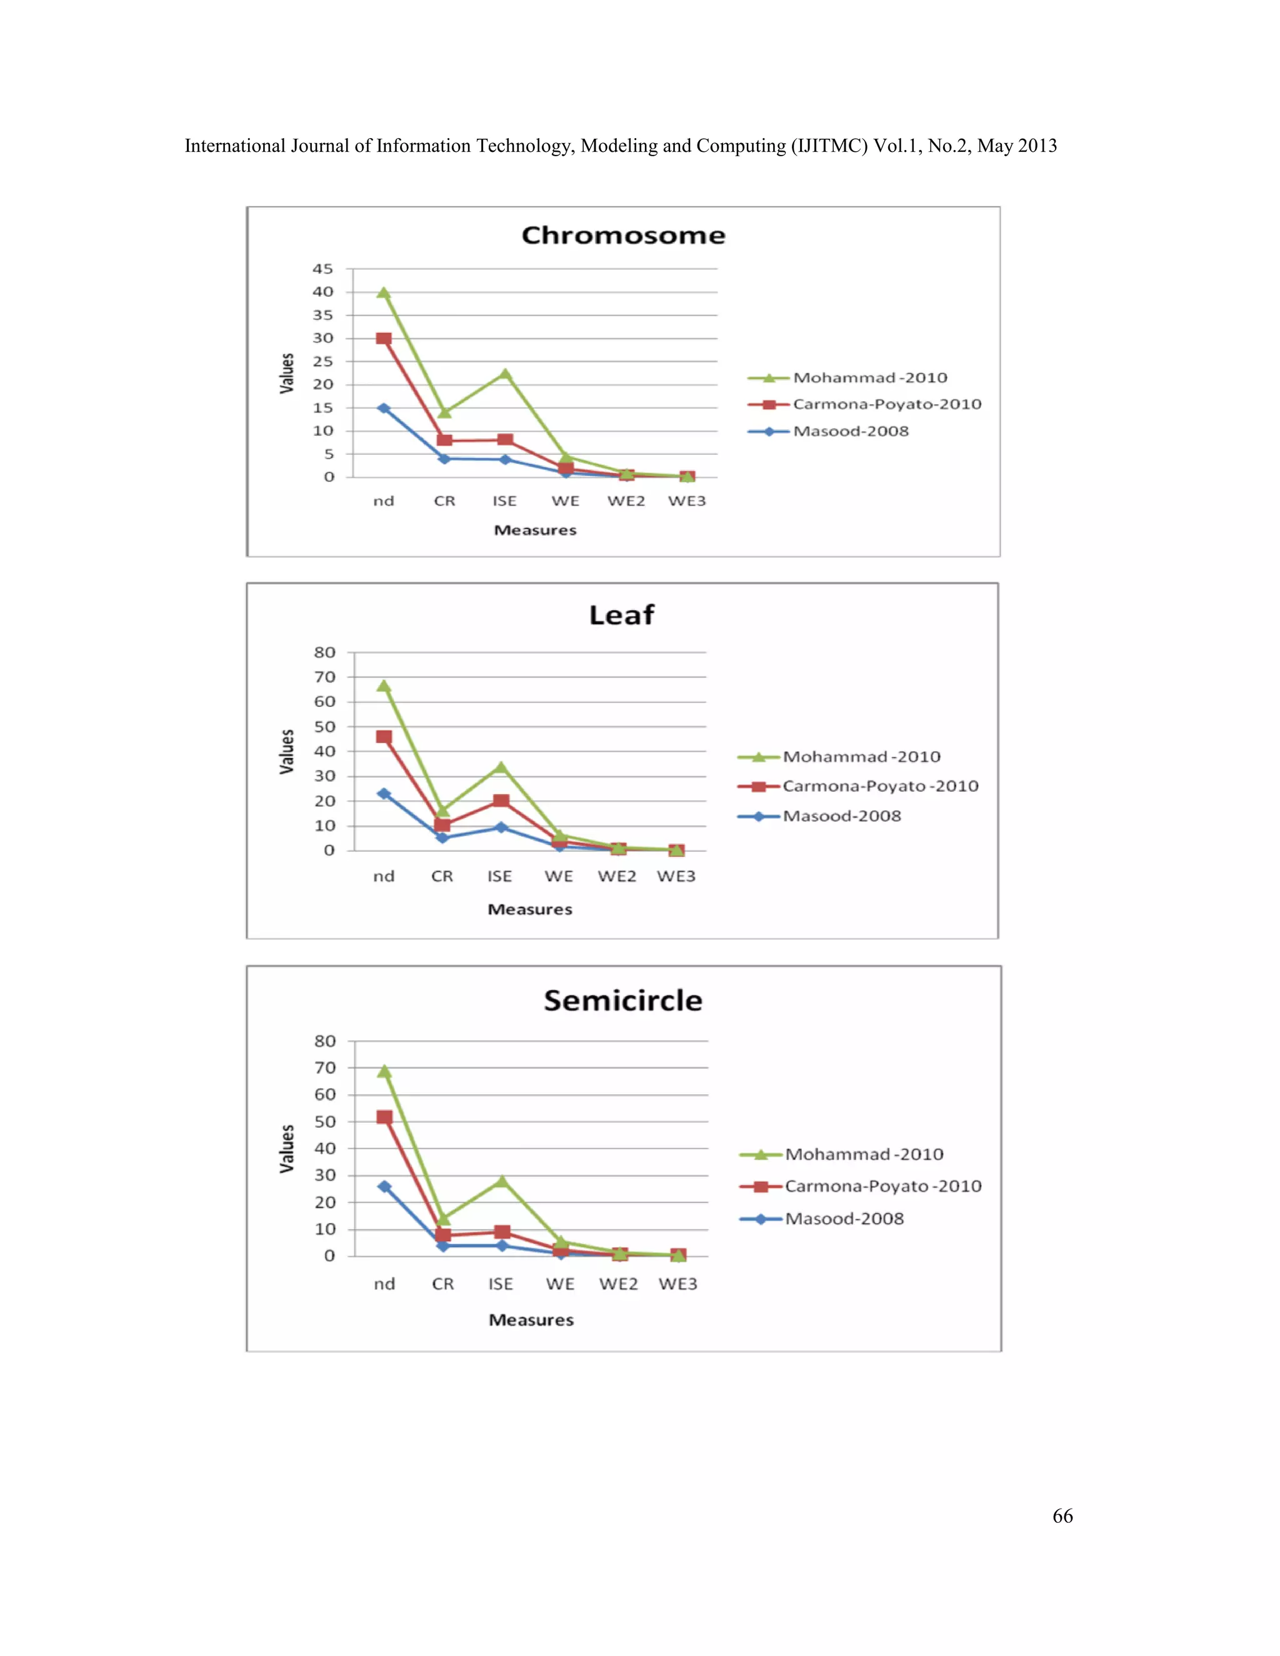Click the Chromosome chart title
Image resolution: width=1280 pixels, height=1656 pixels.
point(623,235)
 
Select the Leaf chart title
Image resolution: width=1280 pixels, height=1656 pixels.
point(621,615)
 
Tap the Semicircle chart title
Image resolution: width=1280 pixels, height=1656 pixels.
point(622,1001)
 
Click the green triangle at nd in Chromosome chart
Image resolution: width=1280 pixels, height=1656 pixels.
point(384,292)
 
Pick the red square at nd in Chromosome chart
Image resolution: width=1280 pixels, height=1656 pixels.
point(384,339)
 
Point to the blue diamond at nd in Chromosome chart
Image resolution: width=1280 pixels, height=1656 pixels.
point(384,408)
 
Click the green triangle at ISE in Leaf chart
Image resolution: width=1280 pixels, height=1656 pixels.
point(501,767)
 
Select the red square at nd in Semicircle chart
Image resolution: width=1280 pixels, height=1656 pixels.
point(384,1117)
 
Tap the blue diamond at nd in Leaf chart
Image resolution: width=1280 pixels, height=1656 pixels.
point(384,794)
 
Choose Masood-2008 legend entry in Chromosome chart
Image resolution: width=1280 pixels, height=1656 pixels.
point(850,431)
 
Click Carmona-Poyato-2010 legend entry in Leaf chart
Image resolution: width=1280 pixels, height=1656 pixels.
point(879,786)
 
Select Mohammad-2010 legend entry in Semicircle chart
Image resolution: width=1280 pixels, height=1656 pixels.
point(864,1154)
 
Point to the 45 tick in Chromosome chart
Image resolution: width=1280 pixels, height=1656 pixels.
point(323,269)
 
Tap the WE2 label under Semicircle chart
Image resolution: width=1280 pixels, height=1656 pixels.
point(618,1284)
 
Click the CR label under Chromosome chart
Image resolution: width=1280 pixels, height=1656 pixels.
point(444,501)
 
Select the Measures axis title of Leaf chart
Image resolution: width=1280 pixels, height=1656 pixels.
point(529,909)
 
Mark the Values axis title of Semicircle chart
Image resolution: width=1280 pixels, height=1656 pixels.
point(287,1148)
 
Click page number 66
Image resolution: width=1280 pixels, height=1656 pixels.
point(1062,1516)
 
